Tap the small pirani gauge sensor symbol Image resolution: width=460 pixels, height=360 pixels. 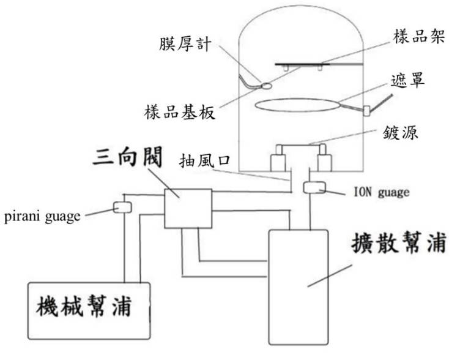pos(123,208)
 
